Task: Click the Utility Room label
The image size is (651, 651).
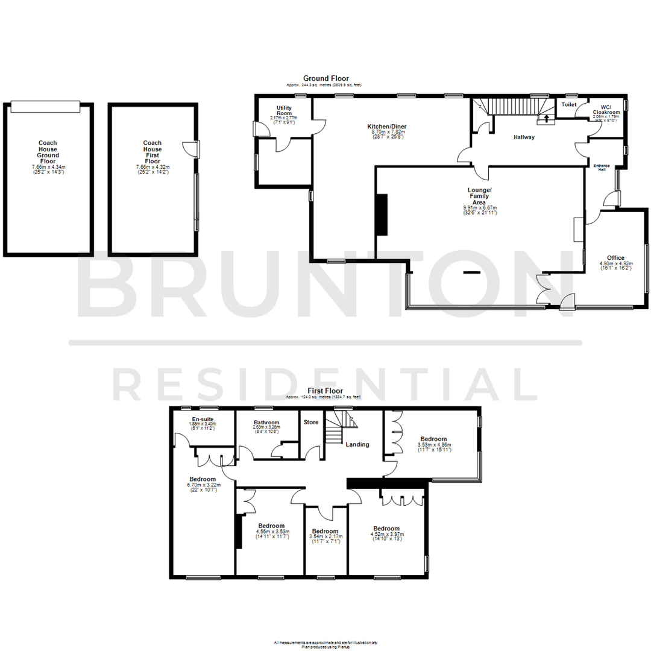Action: click(285, 110)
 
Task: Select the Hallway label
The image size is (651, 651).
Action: click(524, 137)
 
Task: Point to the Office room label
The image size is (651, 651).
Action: click(615, 258)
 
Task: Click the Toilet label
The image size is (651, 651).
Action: click(569, 105)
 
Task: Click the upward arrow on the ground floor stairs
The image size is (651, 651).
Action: click(547, 118)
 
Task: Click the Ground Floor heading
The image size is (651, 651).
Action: click(325, 78)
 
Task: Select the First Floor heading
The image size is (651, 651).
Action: click(325, 391)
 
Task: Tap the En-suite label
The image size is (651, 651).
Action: click(203, 419)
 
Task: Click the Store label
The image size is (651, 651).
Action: click(311, 422)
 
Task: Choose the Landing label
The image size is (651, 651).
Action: click(357, 444)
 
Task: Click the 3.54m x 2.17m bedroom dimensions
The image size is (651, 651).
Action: click(325, 536)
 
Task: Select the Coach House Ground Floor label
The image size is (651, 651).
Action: click(48, 156)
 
